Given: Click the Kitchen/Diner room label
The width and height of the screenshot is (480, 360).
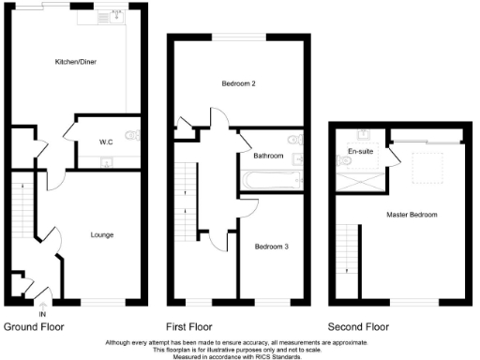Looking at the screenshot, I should click(x=77, y=62).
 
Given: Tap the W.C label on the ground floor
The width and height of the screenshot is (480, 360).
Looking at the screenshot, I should click(x=106, y=142).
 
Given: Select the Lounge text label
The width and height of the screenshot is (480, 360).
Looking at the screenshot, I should click(x=102, y=234).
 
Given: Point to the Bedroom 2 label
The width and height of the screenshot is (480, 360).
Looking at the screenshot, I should click(x=239, y=83).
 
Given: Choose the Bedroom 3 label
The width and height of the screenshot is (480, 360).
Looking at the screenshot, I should click(x=271, y=246).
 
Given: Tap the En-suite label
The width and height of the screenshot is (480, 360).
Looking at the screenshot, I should click(x=360, y=151).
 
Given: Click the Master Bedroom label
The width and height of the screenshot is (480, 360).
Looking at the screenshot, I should click(x=412, y=215).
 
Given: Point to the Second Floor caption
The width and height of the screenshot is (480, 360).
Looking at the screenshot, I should click(x=360, y=327).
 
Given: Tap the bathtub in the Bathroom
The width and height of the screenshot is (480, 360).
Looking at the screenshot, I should click(x=270, y=179).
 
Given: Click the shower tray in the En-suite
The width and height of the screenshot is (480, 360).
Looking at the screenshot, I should click(x=361, y=180).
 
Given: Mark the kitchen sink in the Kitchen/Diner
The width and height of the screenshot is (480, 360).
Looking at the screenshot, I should click(x=118, y=14).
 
